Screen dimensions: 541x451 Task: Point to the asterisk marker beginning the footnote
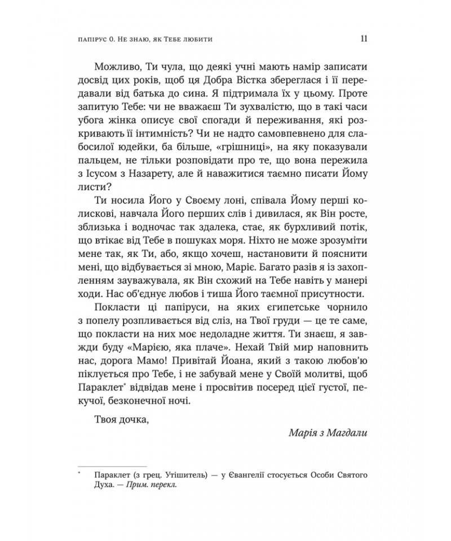[81, 475]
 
